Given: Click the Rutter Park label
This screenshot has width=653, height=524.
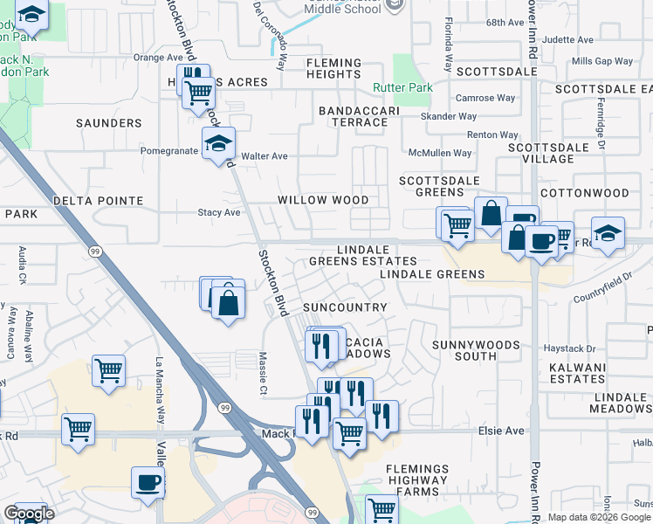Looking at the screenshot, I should tap(402, 88).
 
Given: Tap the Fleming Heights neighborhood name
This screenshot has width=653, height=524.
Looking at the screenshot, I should tap(333, 69).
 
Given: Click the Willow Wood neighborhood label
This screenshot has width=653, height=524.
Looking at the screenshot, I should tap(323, 200).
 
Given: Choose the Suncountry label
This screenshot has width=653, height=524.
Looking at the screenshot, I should tap(344, 307).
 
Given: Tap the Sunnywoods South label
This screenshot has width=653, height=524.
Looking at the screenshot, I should tap(477, 350).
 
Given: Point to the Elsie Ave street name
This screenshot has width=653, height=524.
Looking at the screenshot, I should tap(500, 431).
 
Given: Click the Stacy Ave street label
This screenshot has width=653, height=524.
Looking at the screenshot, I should tap(218, 212).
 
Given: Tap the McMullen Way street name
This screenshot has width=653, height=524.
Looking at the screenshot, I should tap(443, 153).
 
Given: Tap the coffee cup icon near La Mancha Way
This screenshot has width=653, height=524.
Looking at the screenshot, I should tap(148, 482).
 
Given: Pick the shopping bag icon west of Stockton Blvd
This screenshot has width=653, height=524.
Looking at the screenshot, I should tap(229, 304).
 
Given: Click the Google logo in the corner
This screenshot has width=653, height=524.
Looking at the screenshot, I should tap(29, 514).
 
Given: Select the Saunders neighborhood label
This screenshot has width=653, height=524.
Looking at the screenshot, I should tap(109, 123).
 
